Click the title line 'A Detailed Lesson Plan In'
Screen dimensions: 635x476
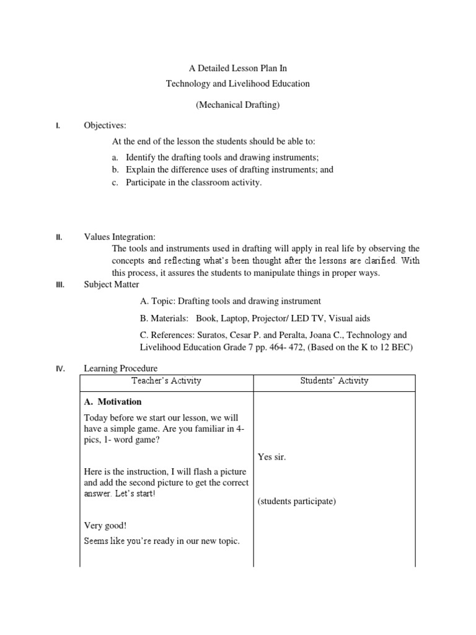(237, 68)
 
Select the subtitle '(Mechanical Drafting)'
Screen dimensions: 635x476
(237, 105)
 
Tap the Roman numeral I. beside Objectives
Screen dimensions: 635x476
(58, 126)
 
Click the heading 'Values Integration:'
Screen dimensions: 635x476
(120, 237)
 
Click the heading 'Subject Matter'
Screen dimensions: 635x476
(112, 285)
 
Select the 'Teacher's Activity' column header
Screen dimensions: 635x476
(167, 381)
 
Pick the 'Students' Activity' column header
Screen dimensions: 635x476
(333, 381)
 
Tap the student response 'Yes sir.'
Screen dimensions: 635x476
(272, 457)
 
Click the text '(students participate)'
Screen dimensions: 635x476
(296, 501)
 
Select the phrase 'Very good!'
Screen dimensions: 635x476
(105, 525)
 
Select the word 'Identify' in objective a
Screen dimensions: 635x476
(140, 158)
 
